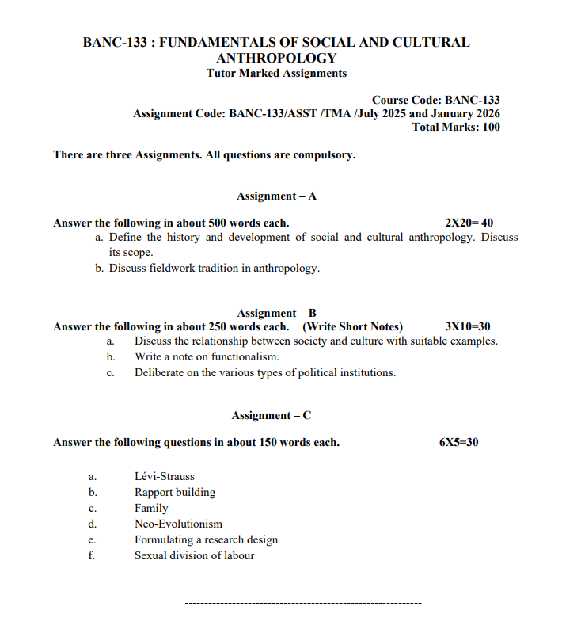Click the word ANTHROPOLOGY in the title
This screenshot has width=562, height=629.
(x=276, y=58)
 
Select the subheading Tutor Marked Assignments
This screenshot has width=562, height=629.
(x=276, y=73)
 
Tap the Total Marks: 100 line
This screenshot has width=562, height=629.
(x=456, y=127)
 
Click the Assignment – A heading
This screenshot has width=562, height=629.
(x=276, y=196)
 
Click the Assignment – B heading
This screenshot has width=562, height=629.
(x=276, y=313)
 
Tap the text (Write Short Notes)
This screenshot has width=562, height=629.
(x=352, y=326)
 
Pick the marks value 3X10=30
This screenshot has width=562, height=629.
(x=468, y=326)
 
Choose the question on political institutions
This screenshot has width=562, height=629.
(x=265, y=372)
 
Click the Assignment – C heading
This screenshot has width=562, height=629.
(x=271, y=415)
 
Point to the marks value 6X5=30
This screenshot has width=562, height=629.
(x=458, y=442)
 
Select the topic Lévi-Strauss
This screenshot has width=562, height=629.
(x=164, y=477)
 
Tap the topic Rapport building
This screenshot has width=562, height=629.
(x=174, y=492)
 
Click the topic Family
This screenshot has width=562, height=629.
(x=151, y=508)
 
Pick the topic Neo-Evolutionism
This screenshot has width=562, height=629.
(x=178, y=524)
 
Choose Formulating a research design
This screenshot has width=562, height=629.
(x=206, y=539)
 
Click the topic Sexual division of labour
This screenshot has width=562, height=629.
(x=194, y=555)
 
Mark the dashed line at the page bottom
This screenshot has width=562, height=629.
(x=302, y=604)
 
